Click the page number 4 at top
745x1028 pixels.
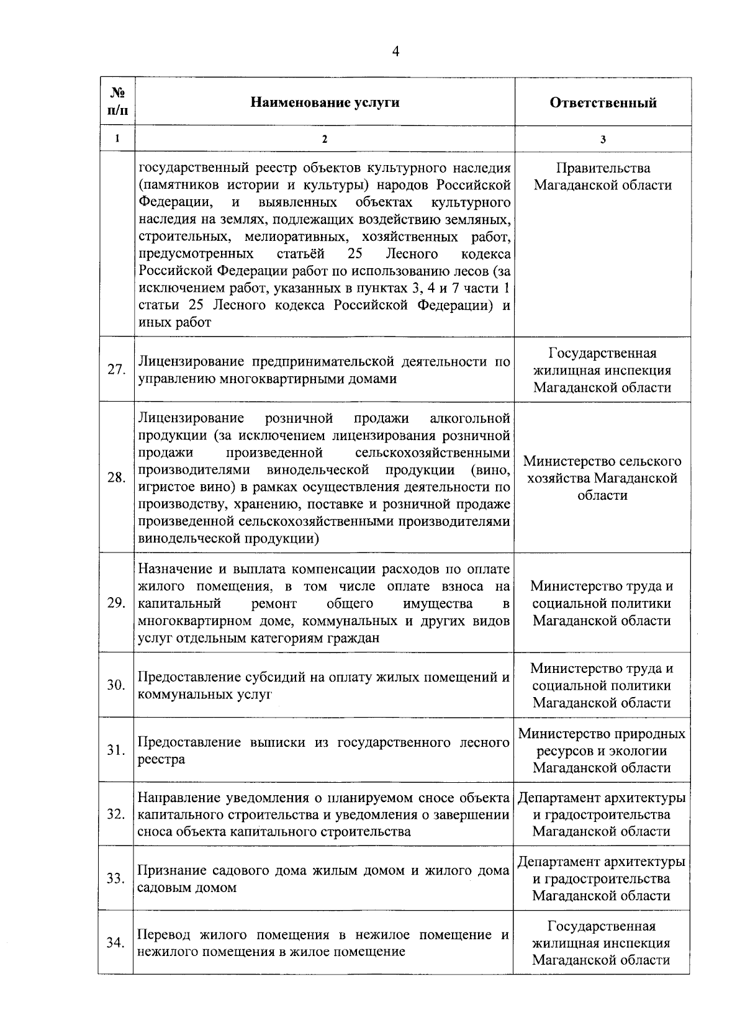(x=395, y=52)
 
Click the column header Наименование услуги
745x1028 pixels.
(x=324, y=102)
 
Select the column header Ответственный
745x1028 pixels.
(x=602, y=102)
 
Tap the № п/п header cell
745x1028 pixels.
(x=117, y=102)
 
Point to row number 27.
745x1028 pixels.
(x=116, y=369)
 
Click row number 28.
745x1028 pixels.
(x=116, y=477)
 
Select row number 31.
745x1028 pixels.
(x=116, y=750)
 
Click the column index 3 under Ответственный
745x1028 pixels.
(x=602, y=140)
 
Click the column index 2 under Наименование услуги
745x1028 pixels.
(x=324, y=140)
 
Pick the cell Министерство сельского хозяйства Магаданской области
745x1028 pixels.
(x=602, y=478)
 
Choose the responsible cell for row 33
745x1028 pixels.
(x=602, y=878)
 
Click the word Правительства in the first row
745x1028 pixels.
(x=603, y=168)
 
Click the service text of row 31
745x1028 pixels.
(x=323, y=751)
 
